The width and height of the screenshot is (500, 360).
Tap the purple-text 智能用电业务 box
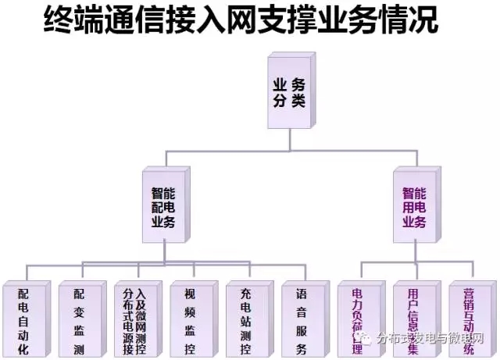coord(414,206)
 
